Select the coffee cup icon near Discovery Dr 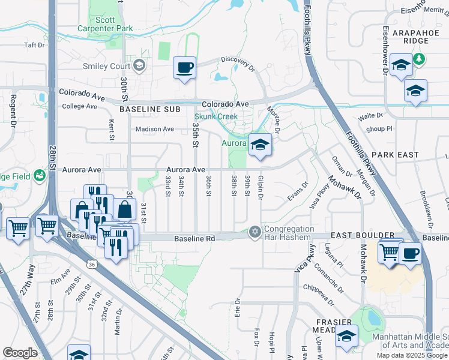tap(184, 67)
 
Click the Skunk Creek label tap(211, 116)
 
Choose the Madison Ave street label tap(154, 129)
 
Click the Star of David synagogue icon tap(255, 232)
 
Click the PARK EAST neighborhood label tap(399, 155)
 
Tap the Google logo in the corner tap(20, 353)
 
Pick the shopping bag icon tap(124, 210)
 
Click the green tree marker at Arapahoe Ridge tap(420, 59)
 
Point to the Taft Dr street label tap(34, 45)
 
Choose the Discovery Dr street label tap(238, 59)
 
